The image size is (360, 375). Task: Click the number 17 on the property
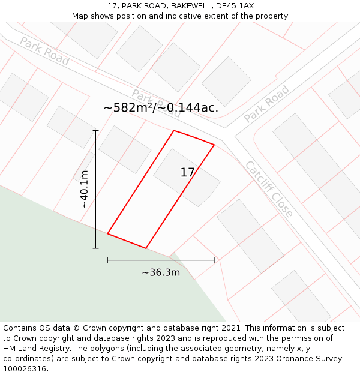[x=187, y=173]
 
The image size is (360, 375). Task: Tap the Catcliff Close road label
[x=269, y=189]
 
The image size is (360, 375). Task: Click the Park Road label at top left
[x=44, y=51]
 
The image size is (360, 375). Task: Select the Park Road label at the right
[x=266, y=104]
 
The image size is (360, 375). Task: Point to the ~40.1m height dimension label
[x=85, y=189]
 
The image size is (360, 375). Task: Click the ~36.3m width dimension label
[x=161, y=272]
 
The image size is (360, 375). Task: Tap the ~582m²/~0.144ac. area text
[x=161, y=108]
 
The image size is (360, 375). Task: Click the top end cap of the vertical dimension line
[x=95, y=130]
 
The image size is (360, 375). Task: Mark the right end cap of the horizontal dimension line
[x=214, y=260]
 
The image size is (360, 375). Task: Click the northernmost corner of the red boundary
[x=174, y=131]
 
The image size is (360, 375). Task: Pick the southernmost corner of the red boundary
[x=146, y=248]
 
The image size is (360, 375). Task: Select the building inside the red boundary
[x=187, y=177]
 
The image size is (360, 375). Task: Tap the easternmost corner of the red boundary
[x=214, y=145]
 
